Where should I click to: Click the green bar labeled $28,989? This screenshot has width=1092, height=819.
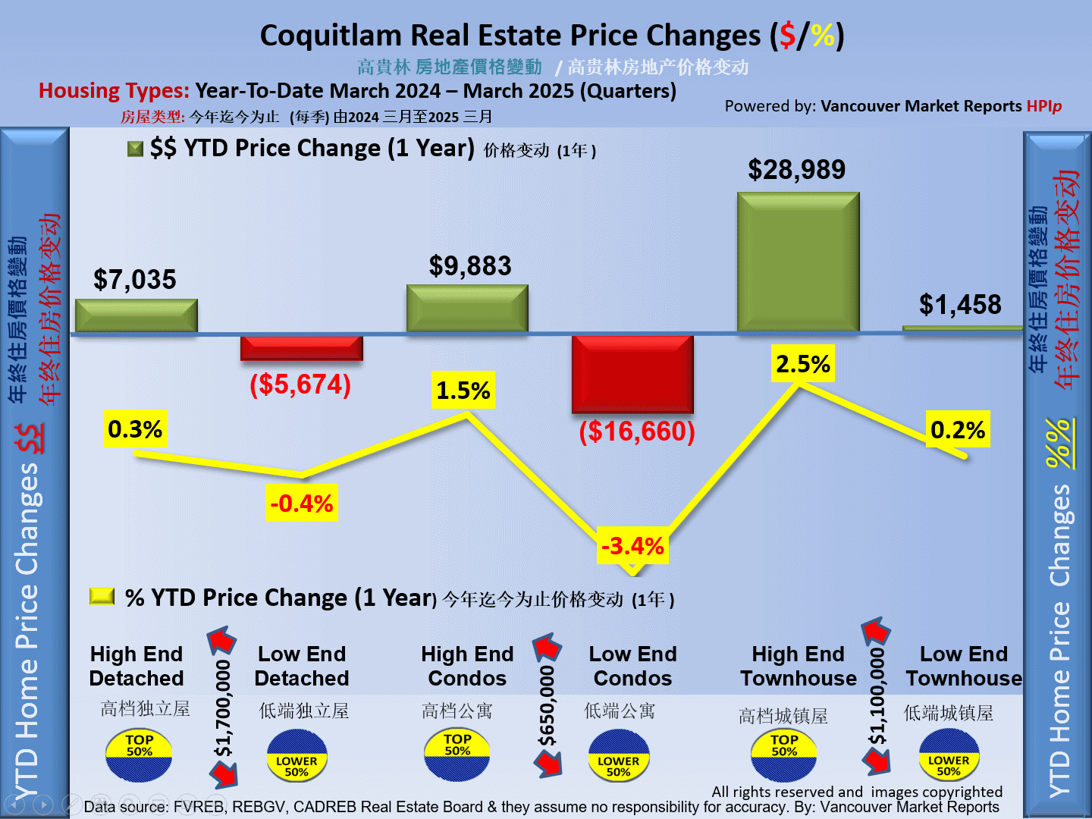(x=798, y=262)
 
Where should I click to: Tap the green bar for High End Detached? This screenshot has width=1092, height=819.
(x=136, y=315)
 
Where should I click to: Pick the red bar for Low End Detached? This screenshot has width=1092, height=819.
(x=302, y=348)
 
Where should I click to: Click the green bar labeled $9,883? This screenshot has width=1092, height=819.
(x=467, y=308)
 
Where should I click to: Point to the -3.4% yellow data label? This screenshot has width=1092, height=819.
(x=632, y=546)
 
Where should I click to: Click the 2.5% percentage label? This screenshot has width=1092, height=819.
(x=803, y=364)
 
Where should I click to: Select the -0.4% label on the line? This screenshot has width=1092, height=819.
(x=302, y=504)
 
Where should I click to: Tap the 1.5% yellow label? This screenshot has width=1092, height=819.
(x=463, y=391)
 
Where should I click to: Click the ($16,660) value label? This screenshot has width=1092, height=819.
(x=637, y=431)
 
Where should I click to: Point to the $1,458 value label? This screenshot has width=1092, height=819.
(x=960, y=305)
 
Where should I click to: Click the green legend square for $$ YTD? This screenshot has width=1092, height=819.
(x=136, y=149)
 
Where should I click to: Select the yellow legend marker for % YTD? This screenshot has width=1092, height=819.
(x=102, y=597)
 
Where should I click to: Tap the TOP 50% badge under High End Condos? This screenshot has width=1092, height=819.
(x=457, y=754)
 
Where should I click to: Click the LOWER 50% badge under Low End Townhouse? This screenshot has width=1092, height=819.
(x=949, y=755)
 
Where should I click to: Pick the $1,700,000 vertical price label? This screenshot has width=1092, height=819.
(x=223, y=708)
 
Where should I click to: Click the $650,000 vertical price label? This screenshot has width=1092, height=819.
(x=547, y=706)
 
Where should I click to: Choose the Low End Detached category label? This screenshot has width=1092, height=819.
(x=302, y=666)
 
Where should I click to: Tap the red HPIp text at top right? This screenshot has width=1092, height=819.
(x=1044, y=106)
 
